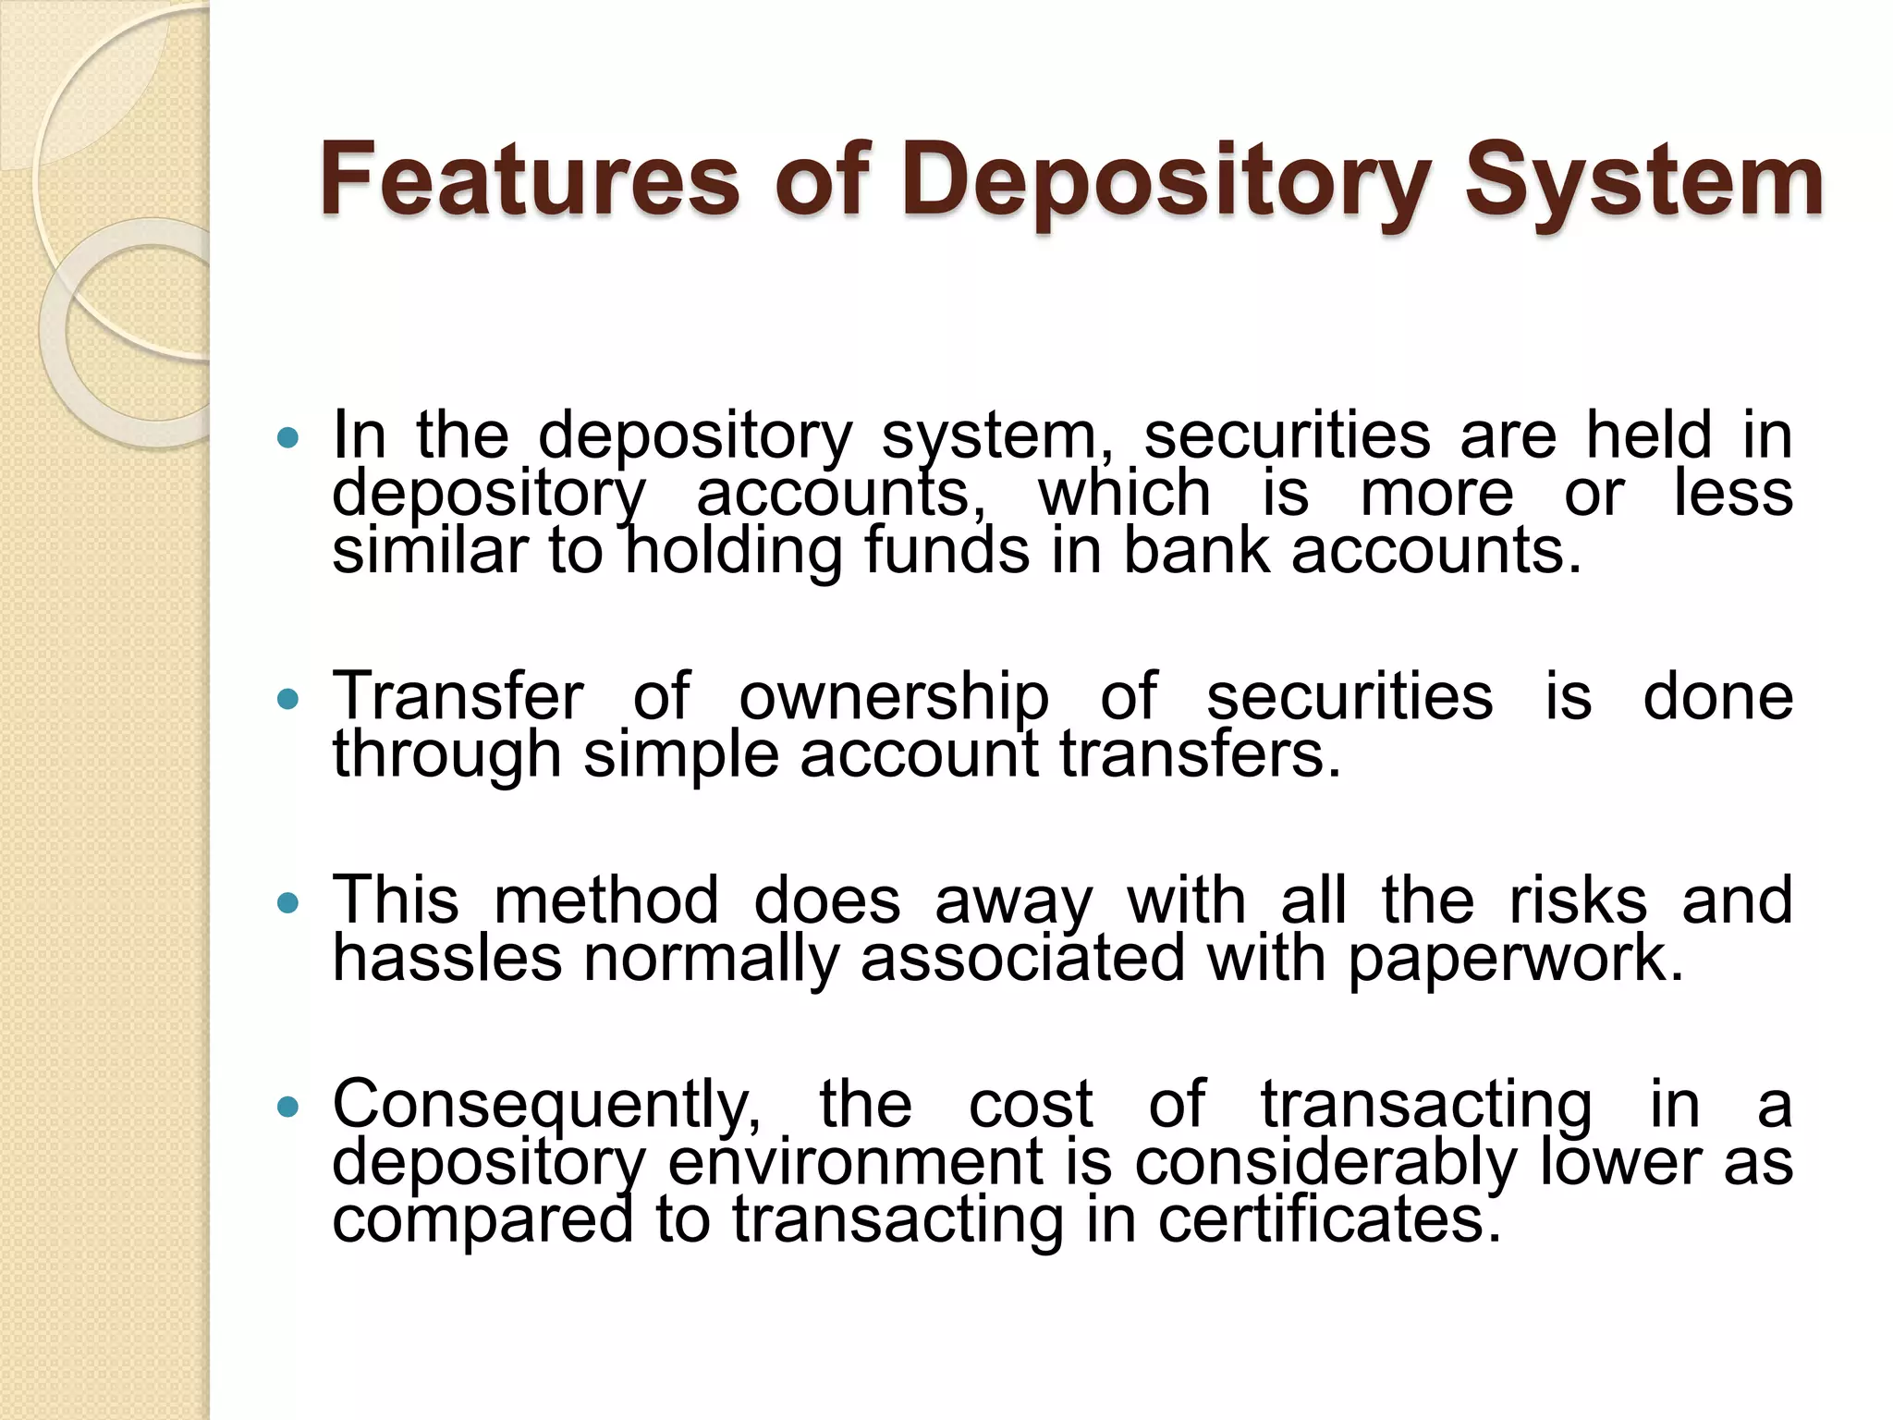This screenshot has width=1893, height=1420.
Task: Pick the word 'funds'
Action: (x=946, y=551)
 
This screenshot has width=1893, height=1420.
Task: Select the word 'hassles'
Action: (x=447, y=959)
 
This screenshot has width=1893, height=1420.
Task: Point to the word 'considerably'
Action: (x=1326, y=1163)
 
